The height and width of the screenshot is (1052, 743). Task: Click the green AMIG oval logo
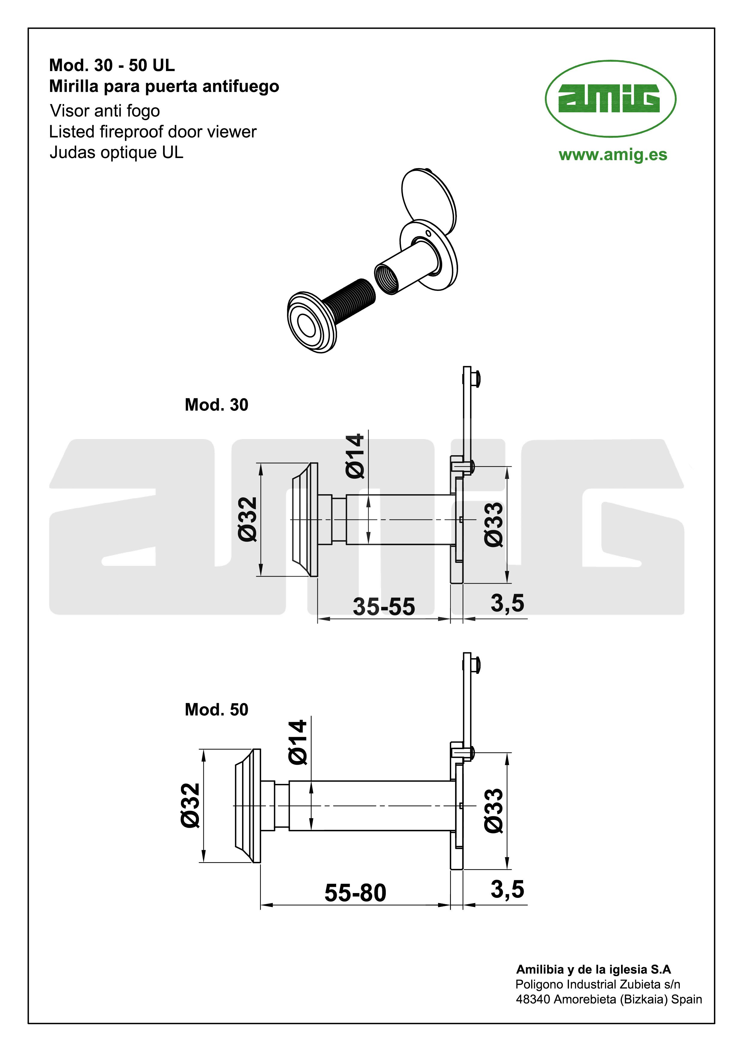tap(610, 98)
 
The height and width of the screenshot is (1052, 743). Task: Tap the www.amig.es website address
tap(613, 155)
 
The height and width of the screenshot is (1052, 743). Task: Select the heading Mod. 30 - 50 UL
tap(112, 65)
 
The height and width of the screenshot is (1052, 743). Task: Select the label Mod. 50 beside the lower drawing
tap(217, 709)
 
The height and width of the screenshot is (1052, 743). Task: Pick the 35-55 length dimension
tap(383, 606)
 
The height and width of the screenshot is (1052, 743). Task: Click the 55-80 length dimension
tap(355, 892)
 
